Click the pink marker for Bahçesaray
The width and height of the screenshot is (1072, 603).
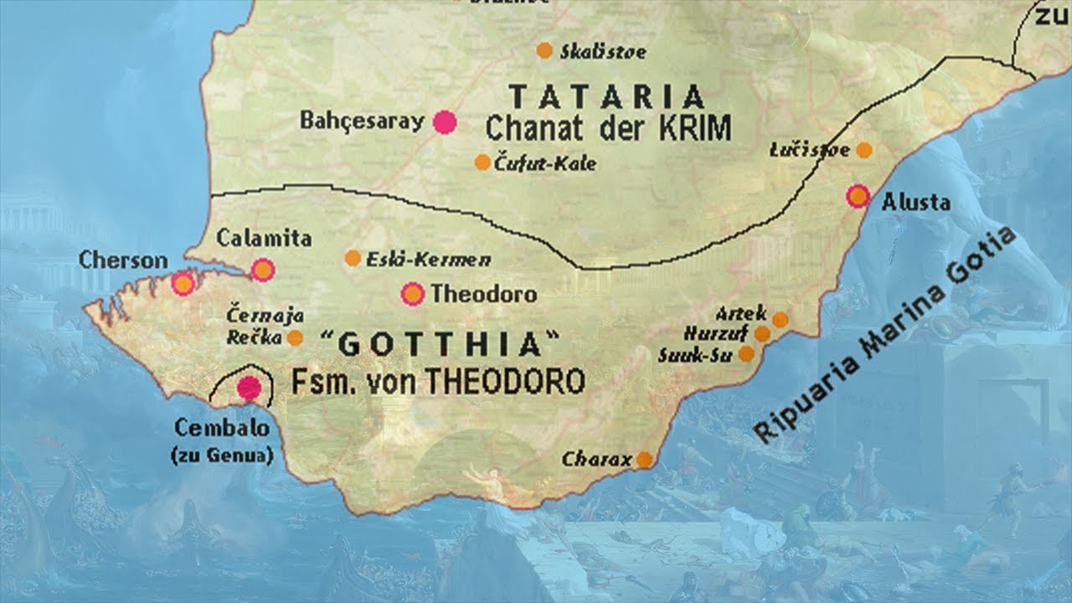(x=445, y=122)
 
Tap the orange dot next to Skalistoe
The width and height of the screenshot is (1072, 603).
(x=544, y=50)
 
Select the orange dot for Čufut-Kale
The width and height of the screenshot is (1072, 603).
(x=482, y=162)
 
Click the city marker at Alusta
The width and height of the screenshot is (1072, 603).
(x=858, y=196)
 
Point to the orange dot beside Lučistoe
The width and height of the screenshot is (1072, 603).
(x=863, y=150)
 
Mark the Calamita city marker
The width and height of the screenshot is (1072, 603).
(x=263, y=269)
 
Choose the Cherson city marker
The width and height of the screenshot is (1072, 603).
(x=183, y=284)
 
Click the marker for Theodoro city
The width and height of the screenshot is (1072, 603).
(x=412, y=294)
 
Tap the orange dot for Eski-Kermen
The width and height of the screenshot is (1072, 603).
(x=353, y=258)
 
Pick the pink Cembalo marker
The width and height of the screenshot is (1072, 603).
(x=249, y=387)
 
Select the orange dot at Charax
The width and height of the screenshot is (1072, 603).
(x=644, y=459)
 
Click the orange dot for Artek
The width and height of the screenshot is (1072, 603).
(x=780, y=319)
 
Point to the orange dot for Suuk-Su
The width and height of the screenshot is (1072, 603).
(x=745, y=354)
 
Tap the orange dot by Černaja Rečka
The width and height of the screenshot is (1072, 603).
(x=295, y=338)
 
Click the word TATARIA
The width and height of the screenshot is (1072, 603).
(x=607, y=97)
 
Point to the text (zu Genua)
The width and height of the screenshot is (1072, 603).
(x=222, y=456)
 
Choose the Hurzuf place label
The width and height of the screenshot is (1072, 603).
(x=725, y=333)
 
